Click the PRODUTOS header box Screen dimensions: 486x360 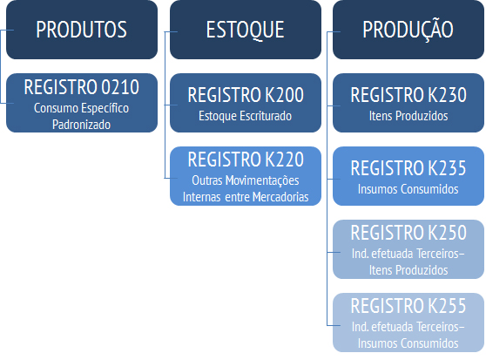[82, 30]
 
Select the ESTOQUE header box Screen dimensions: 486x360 [246, 30]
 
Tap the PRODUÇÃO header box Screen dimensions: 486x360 [408, 30]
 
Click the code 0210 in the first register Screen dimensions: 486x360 [120, 87]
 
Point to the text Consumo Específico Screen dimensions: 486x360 [81, 108]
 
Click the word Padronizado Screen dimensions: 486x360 [81, 125]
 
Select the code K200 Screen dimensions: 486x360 [285, 95]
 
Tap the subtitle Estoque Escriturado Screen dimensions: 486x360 [245, 116]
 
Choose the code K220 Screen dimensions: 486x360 [285, 160]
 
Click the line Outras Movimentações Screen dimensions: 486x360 [246, 180]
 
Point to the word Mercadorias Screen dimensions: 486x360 [280, 197]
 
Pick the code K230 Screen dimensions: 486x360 [448, 95]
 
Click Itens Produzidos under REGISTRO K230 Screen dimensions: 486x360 [408, 116]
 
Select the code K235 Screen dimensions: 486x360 [448, 168]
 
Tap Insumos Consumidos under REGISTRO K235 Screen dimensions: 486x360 [408, 189]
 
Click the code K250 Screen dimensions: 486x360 [448, 233]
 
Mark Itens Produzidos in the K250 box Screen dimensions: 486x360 [408, 270]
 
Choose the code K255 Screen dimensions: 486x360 [448, 306]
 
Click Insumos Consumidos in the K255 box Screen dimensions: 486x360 [408, 343]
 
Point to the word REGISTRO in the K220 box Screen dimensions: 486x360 [225, 160]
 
